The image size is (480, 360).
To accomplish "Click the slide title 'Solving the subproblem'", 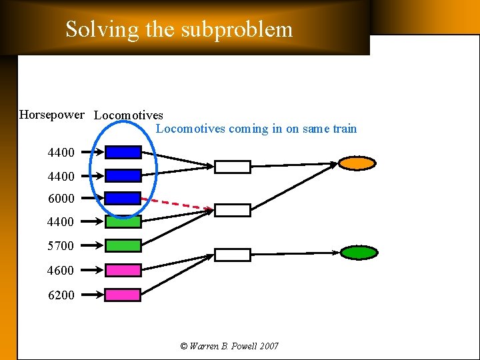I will pyautogui.click(x=179, y=29).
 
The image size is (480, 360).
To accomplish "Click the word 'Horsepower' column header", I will pyautogui.click(x=52, y=115).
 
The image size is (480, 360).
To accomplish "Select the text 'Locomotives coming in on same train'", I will pyautogui.click(x=256, y=129).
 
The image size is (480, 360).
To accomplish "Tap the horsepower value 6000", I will pyautogui.click(x=61, y=199).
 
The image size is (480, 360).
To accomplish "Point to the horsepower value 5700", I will pyautogui.click(x=61, y=246).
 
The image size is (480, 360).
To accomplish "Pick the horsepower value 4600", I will pyautogui.click(x=61, y=271).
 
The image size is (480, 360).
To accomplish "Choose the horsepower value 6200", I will pyautogui.click(x=61, y=295).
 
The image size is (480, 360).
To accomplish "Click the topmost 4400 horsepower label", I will pyautogui.click(x=61, y=153).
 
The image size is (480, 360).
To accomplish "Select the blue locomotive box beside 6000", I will pyautogui.click(x=123, y=198).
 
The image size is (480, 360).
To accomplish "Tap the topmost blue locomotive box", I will pyautogui.click(x=123, y=152).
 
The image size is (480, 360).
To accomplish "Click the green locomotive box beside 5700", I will pyautogui.click(x=123, y=245).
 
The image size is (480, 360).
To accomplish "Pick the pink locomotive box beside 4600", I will pyautogui.click(x=123, y=270).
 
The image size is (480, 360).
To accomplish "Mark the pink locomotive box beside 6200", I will pyautogui.click(x=123, y=295).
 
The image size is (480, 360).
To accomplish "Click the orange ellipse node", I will pyautogui.click(x=357, y=163).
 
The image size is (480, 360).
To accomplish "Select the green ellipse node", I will pyautogui.click(x=359, y=253).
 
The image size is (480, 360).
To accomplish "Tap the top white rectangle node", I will pyautogui.click(x=232, y=167).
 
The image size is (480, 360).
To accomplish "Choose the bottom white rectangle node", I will pyautogui.click(x=232, y=255).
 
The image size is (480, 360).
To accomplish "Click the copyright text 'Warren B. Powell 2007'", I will pyautogui.click(x=229, y=346).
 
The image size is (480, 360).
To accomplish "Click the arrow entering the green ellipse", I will pyautogui.click(x=293, y=253).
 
